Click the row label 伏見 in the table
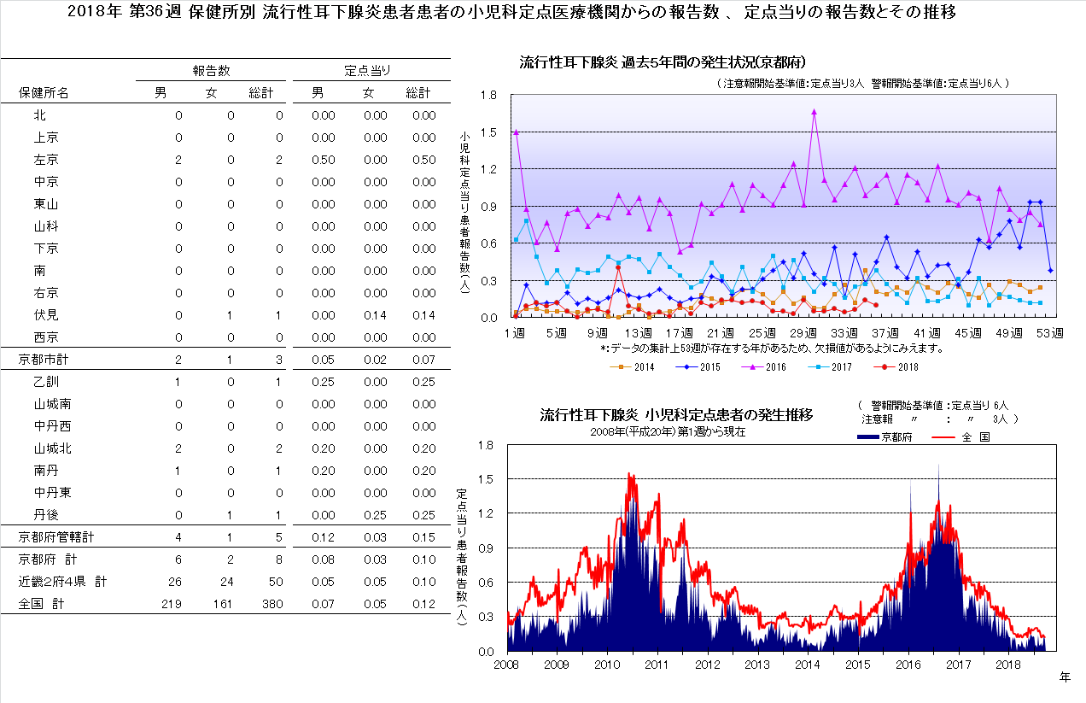pyautogui.click(x=46, y=315)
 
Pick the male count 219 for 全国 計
pyautogui.click(x=172, y=604)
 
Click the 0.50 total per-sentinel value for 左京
pyautogui.click(x=423, y=160)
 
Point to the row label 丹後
pyautogui.click(x=46, y=515)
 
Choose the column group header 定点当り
pyautogui.click(x=368, y=70)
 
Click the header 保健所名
pyautogui.click(x=44, y=93)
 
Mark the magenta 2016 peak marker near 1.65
pyautogui.click(x=814, y=111)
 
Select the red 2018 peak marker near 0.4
pyautogui.click(x=617, y=267)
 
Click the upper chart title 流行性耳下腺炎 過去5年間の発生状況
pyautogui.click(x=663, y=62)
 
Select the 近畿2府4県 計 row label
pyautogui.click(x=63, y=582)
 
